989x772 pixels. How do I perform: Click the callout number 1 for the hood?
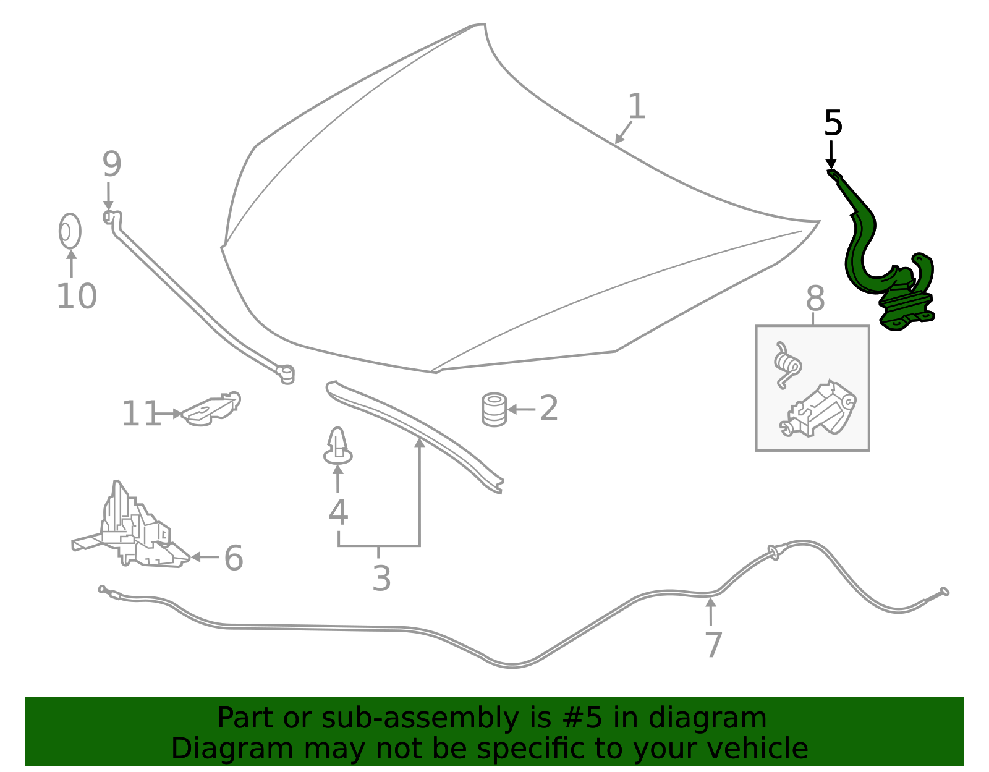[x=636, y=106]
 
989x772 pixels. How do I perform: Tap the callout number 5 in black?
[x=833, y=123]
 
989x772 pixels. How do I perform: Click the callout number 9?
[x=111, y=164]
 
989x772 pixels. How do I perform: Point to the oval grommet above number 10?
[x=70, y=231]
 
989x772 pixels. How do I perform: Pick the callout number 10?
[x=77, y=296]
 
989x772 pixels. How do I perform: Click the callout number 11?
[x=141, y=414]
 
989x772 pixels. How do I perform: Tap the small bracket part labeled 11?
[x=211, y=409]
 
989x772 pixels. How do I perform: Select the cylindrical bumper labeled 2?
[x=494, y=409]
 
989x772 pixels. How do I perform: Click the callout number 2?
[x=548, y=408]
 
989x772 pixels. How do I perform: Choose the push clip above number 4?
[x=337, y=446]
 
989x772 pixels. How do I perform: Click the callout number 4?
[x=338, y=512]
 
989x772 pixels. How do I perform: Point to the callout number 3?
[x=381, y=578]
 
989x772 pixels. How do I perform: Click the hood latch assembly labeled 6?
[x=132, y=528]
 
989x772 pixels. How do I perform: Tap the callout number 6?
[x=234, y=558]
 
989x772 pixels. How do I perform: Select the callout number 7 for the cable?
[x=713, y=644]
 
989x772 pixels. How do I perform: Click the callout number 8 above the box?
[x=815, y=299]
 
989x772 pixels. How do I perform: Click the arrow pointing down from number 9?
[x=108, y=196]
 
